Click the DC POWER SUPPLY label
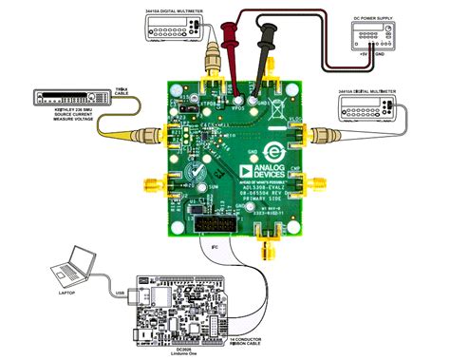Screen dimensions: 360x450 373,20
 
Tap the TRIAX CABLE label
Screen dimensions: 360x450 121,91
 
